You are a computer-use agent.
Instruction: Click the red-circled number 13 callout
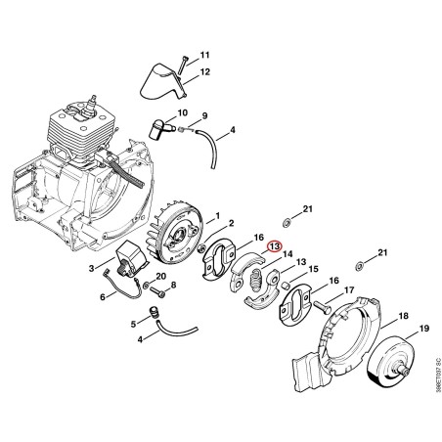274,246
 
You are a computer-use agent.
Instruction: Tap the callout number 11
204,55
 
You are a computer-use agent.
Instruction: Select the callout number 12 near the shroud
204,71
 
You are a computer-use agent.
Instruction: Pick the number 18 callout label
403,316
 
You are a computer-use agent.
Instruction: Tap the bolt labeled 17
322,307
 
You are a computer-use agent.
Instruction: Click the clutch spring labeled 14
256,280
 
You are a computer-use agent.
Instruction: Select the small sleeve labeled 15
286,286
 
